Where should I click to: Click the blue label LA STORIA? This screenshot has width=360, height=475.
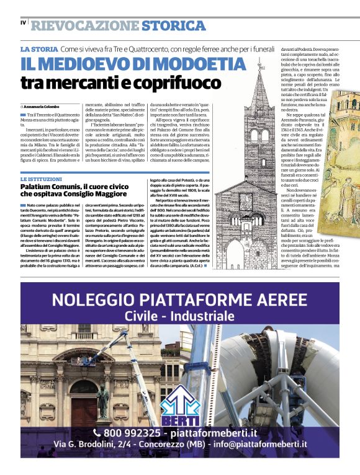click(40, 48)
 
